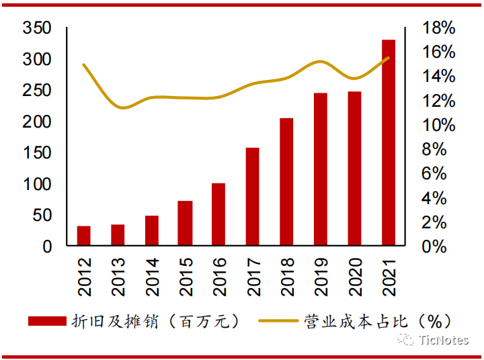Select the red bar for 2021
(389, 142)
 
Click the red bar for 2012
(83, 236)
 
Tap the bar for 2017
(252, 196)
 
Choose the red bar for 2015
(185, 223)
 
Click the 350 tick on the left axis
(37, 28)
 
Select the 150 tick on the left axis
(37, 152)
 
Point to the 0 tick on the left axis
(46, 246)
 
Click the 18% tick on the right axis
(439, 28)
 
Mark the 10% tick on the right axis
(439, 125)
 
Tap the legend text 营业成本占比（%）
(377, 321)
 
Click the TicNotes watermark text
(443, 341)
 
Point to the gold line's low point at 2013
(122, 107)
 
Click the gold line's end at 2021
(389, 58)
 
